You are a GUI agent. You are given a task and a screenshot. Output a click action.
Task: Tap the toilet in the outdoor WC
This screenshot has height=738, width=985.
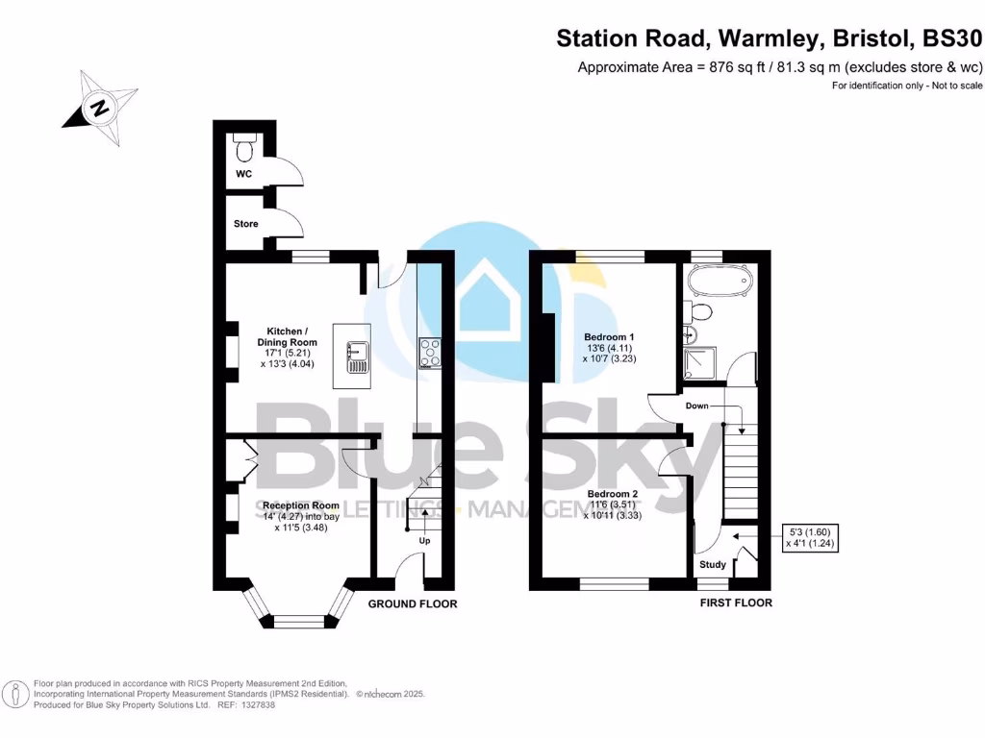point(243,147)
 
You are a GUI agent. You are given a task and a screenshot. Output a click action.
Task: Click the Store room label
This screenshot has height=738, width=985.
point(246,224)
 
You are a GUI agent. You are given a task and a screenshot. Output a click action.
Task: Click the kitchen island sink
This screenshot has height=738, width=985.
point(353,356)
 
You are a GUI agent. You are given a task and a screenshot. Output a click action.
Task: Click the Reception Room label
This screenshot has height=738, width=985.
point(301,505)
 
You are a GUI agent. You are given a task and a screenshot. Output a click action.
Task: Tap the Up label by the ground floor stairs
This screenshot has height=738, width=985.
point(423,540)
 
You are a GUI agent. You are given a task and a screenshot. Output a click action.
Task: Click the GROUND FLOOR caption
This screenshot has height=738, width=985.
point(413,603)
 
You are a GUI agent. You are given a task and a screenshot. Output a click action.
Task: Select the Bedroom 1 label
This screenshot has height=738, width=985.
point(610,337)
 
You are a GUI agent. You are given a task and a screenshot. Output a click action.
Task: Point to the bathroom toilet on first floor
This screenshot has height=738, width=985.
point(700,311)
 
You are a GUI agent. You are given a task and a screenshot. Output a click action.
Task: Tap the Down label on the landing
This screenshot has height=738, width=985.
point(697,406)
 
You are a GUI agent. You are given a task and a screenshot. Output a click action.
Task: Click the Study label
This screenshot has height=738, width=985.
point(713,565)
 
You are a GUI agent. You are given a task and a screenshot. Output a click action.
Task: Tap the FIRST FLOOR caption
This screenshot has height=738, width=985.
point(737,603)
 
